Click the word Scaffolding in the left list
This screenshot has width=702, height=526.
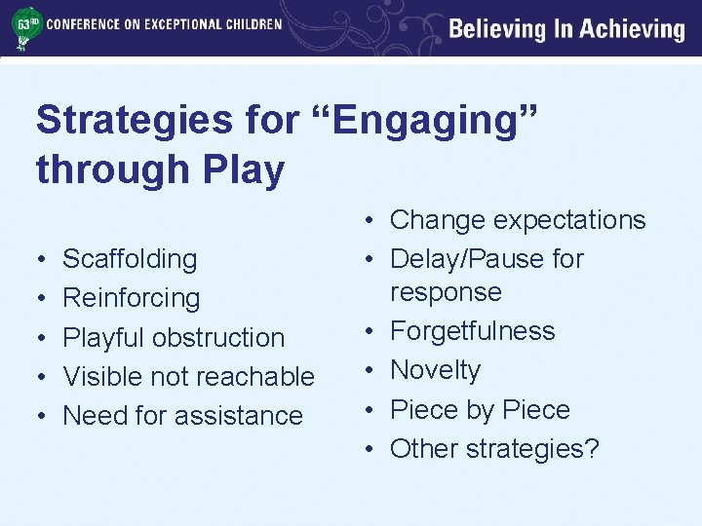pyautogui.click(x=130, y=259)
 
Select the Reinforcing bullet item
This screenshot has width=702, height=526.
pyautogui.click(x=131, y=298)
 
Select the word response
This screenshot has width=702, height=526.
pyautogui.click(x=446, y=292)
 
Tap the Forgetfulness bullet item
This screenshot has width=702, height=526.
pyautogui.click(x=472, y=331)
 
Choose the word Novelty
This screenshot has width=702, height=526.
pyautogui.click(x=435, y=370)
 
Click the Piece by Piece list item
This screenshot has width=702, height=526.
pyautogui.click(x=480, y=410)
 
